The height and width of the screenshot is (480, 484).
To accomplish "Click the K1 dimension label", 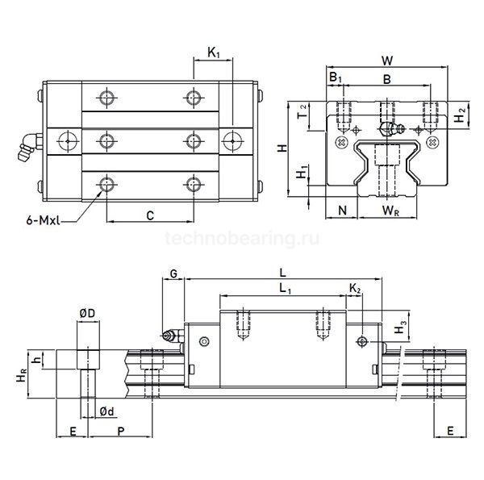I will coord(214,53).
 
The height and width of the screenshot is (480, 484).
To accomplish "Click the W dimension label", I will coord(387,61).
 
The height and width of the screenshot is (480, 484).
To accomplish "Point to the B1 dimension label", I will coord(335,77).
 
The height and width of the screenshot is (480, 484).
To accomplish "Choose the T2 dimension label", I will coord(302,111).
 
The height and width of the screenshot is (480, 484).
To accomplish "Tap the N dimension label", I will coord(342,212).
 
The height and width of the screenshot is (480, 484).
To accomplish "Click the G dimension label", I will coord(173,275).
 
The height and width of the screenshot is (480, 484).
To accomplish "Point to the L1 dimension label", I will coord(283,288).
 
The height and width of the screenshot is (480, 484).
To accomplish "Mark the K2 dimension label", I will coord(356,288).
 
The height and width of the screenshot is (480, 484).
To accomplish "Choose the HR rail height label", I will coord(15,374).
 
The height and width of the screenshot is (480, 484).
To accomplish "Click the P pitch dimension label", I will coord(121,432).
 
